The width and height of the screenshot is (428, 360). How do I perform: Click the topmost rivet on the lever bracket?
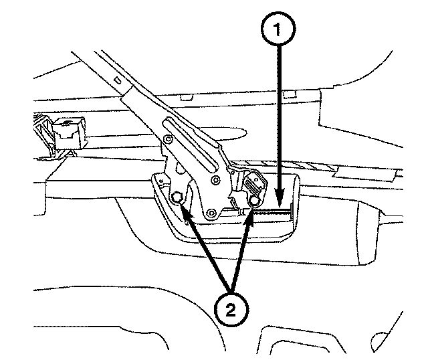[169, 139]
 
